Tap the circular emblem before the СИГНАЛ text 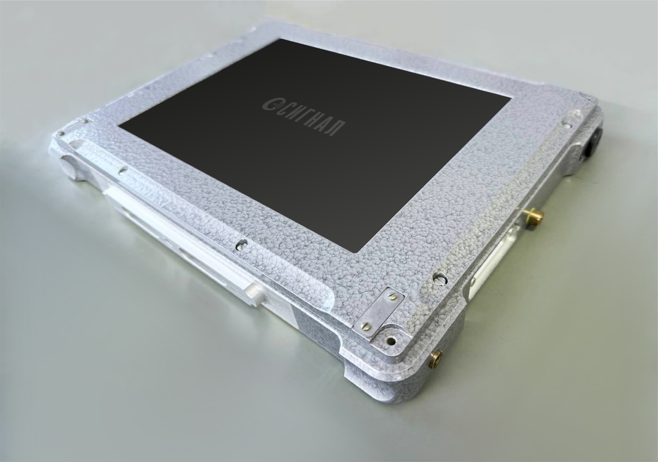pyautogui.click(x=270, y=104)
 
